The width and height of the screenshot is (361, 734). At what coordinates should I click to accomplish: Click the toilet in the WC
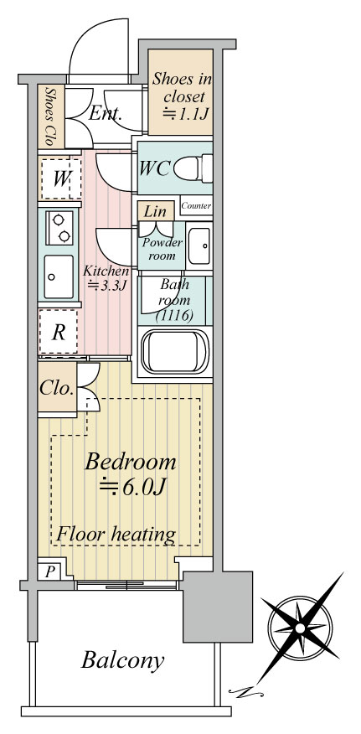193,168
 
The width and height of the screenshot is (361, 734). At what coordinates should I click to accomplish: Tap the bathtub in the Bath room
175,351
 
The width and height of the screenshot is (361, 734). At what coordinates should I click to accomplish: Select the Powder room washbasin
199,246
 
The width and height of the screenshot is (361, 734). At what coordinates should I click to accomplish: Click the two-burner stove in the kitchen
59,228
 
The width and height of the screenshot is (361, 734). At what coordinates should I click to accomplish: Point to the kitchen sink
59,277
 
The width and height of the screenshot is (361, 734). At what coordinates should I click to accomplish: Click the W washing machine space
60,178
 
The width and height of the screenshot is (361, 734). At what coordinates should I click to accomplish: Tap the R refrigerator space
58,332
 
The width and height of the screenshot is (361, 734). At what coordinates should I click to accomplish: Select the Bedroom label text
131,462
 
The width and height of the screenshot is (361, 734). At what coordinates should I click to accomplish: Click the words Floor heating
116,534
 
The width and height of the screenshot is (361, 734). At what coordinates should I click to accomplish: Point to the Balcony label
122,660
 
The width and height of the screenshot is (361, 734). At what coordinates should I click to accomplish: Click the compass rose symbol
300,628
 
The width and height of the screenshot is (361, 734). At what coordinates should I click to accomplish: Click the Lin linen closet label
155,212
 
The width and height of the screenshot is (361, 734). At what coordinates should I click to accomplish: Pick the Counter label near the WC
196,205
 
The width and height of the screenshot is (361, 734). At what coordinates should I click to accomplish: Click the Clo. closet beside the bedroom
57,389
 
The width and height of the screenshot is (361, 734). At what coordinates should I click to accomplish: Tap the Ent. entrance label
105,114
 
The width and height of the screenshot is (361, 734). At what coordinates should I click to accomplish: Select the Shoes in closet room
181,92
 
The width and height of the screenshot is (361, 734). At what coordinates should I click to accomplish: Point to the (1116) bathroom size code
174,316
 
